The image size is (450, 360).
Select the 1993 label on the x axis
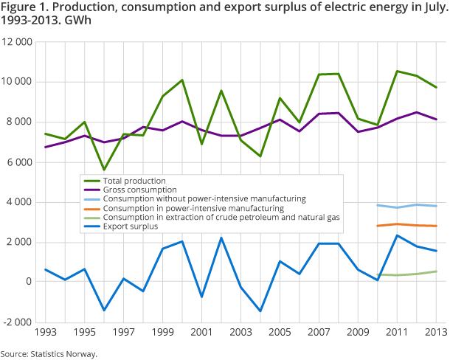pyautogui.click(x=45, y=332)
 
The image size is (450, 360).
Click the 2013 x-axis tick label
pyautogui.click(x=436, y=332)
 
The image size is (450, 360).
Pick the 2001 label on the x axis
pyautogui.click(x=201, y=332)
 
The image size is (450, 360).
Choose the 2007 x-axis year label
pyautogui.click(x=319, y=332)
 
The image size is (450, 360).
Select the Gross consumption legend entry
pyautogui.click(x=140, y=189)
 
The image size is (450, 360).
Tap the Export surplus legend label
pyautogui.click(x=132, y=226)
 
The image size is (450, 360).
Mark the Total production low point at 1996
pyautogui.click(x=104, y=170)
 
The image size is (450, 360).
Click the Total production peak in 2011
pyautogui.click(x=397, y=72)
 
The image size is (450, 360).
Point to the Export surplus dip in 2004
pyautogui.click(x=260, y=311)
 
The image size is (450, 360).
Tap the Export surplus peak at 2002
pyautogui.click(x=221, y=238)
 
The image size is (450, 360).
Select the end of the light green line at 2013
pyautogui.click(x=436, y=271)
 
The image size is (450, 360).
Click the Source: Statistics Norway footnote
pyautogui.click(x=49, y=354)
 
